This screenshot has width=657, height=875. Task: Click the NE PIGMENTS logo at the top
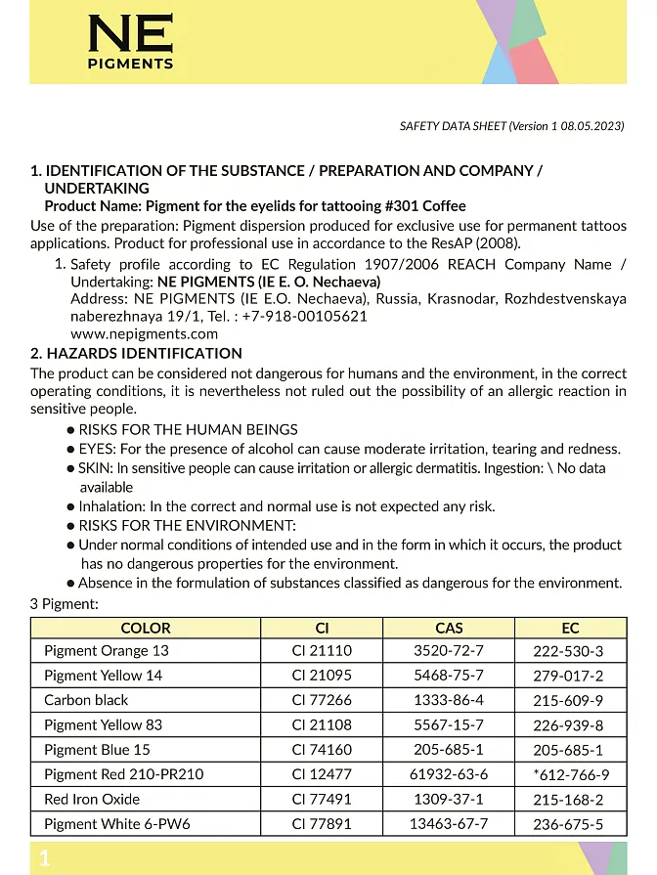coord(130,43)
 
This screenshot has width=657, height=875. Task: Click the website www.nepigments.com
coord(145,333)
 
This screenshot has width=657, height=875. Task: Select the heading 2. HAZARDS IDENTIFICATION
coord(136,353)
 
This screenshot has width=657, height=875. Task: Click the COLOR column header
coord(146,628)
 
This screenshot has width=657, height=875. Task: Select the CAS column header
coord(449,628)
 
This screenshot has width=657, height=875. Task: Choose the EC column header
coord(570,628)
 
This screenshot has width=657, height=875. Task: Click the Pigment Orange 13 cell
coord(106,651)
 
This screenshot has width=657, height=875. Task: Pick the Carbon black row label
coord(86,700)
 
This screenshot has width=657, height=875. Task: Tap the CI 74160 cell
coord(322,750)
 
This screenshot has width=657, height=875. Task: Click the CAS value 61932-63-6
coord(449,774)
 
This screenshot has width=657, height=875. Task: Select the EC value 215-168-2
coord(568,800)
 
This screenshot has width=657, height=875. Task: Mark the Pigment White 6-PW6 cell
coord(116,824)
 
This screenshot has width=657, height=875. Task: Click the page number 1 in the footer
coord(44,858)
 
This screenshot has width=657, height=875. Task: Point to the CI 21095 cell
coord(322,676)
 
